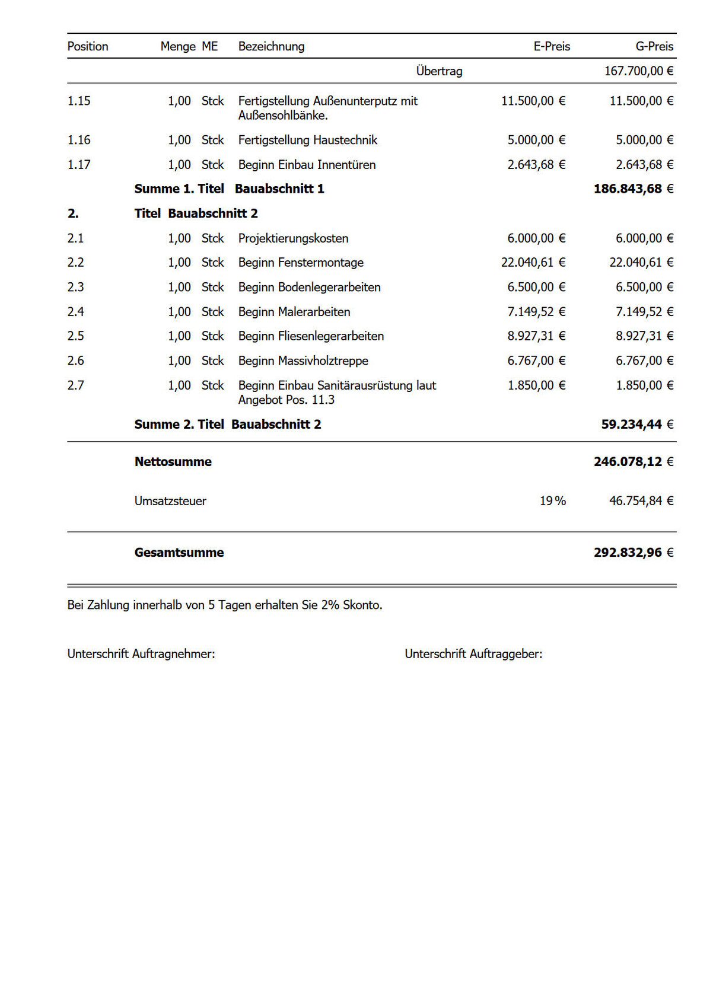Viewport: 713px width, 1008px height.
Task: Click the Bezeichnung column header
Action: (271, 46)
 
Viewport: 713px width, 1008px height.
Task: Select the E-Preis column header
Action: (552, 46)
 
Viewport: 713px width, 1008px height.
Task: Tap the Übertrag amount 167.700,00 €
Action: (639, 71)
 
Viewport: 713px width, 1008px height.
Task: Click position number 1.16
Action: (79, 140)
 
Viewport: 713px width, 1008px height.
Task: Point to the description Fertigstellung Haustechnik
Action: (307, 140)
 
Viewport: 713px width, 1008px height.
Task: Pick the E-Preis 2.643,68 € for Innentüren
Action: (536, 165)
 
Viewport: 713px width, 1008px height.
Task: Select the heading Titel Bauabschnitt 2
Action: (196, 213)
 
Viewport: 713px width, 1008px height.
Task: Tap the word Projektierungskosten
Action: (293, 238)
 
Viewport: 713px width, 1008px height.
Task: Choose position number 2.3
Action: (76, 287)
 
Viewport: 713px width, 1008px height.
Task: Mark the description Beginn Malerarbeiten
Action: (294, 312)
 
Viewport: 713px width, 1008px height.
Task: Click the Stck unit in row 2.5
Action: (212, 336)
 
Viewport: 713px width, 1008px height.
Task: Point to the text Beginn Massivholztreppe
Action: (303, 361)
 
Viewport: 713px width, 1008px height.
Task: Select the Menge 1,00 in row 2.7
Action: (179, 385)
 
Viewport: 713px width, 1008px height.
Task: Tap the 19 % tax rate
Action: (552, 501)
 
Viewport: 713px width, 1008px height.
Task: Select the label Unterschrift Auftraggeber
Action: (473, 654)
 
